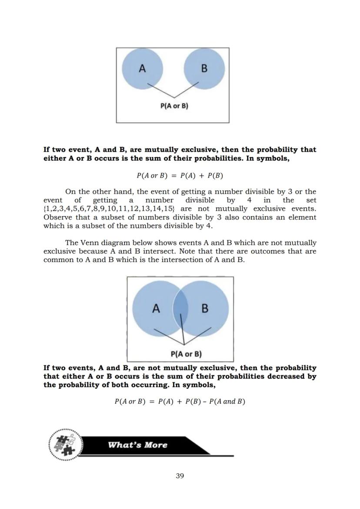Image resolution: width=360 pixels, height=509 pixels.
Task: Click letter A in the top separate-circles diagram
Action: [x=142, y=68]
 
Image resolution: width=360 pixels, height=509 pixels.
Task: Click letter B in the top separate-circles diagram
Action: [x=204, y=68]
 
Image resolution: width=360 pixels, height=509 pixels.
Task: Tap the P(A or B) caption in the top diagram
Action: [x=174, y=106]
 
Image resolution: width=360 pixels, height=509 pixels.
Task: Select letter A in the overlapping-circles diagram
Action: [x=156, y=309]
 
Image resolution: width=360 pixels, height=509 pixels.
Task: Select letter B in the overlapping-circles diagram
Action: [x=205, y=309]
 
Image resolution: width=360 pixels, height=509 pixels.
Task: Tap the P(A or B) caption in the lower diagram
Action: [x=186, y=354]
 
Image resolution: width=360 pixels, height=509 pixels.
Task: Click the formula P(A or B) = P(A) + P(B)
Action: [x=180, y=176]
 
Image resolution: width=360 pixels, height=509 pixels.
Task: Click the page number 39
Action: [x=180, y=476]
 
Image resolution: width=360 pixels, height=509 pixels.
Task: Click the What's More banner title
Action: [x=137, y=445]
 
